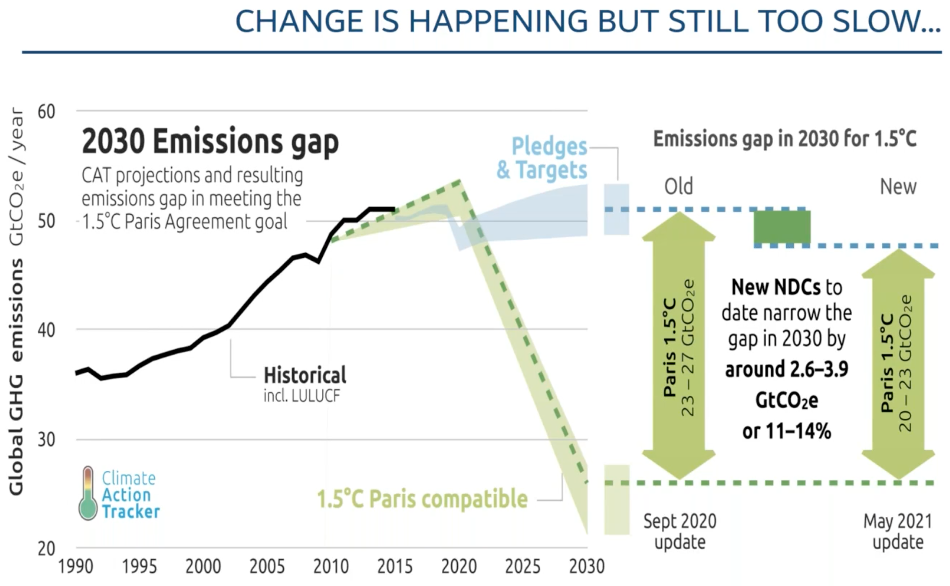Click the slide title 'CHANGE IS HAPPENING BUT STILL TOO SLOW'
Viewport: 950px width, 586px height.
click(x=587, y=22)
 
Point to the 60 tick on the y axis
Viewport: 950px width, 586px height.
click(x=47, y=112)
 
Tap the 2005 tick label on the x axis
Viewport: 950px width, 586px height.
click(x=267, y=567)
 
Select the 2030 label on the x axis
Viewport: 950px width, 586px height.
click(x=586, y=567)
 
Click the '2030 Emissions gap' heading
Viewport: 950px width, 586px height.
click(x=210, y=142)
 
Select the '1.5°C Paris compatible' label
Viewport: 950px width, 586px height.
click(x=422, y=499)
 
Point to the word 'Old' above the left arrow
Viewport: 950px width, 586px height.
click(x=678, y=186)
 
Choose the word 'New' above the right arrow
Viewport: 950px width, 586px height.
click(x=898, y=186)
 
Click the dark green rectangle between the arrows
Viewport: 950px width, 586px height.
click(x=782, y=227)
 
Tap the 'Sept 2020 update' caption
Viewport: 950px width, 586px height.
click(x=680, y=531)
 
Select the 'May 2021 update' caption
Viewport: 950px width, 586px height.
click(x=898, y=531)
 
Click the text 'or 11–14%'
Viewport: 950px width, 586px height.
click(x=786, y=431)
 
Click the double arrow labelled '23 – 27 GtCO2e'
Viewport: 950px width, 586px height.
click(x=679, y=346)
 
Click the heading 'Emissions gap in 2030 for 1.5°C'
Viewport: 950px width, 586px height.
click(x=784, y=139)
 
